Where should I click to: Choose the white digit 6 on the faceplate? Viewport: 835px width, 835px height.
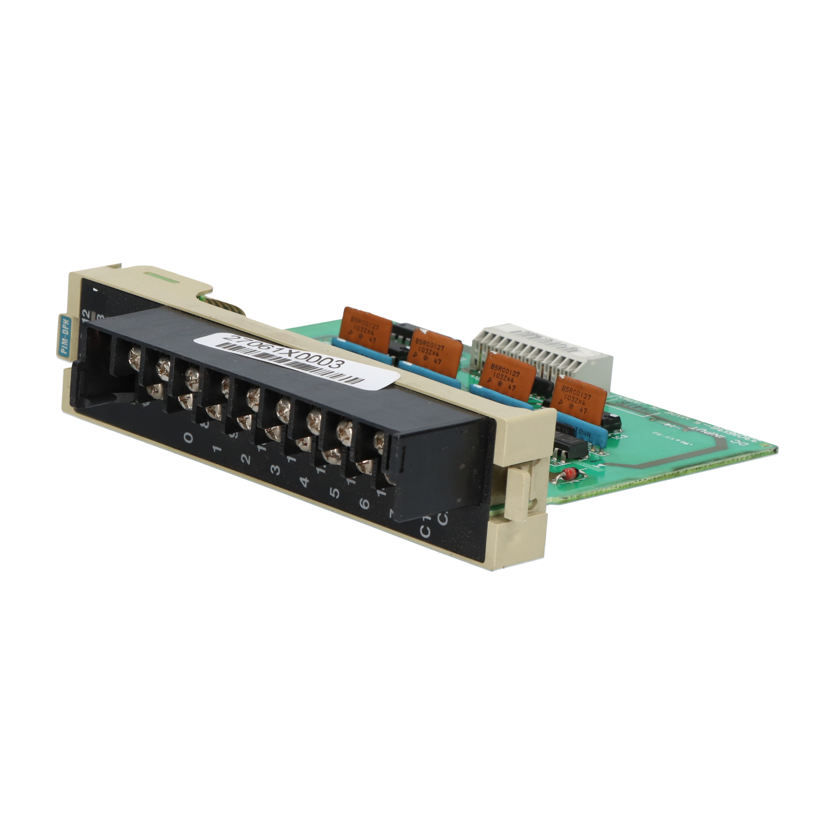364,504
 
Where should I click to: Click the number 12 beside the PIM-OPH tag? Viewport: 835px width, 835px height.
85,317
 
